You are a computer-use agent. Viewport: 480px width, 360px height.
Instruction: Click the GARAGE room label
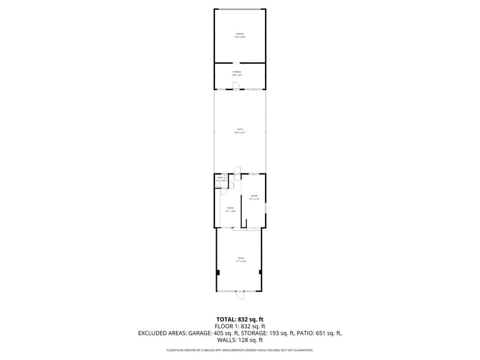click(x=240, y=35)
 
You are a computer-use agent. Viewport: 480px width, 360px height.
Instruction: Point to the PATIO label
click(x=239, y=130)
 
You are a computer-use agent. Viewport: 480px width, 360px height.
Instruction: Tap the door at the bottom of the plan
click(x=239, y=295)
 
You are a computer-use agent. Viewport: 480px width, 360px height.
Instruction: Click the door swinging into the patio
click(x=238, y=170)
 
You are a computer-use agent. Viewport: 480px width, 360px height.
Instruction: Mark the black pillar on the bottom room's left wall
click(x=218, y=272)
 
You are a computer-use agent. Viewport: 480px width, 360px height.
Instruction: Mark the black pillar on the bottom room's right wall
click(x=260, y=272)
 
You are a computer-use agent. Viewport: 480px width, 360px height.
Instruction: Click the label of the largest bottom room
click(x=240, y=260)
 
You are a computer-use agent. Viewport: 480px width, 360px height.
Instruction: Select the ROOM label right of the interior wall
click(x=254, y=197)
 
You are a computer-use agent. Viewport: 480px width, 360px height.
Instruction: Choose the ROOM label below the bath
click(x=230, y=209)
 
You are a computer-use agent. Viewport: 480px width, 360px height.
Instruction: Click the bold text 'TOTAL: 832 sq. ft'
click(x=239, y=320)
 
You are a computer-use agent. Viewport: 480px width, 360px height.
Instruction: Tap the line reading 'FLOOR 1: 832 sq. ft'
click(x=239, y=326)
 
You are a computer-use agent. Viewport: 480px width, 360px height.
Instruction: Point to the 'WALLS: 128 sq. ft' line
click(x=239, y=340)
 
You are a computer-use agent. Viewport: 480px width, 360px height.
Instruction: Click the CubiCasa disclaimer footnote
click(x=239, y=350)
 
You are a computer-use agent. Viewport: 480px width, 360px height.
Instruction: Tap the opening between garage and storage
click(x=236, y=63)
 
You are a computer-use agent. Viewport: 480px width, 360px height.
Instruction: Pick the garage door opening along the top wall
click(x=239, y=9)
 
